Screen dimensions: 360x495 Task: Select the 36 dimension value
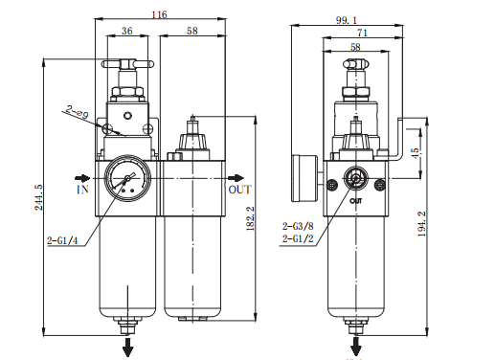(x=127, y=31)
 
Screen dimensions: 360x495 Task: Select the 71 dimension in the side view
(x=362, y=32)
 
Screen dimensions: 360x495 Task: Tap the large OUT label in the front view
(x=239, y=190)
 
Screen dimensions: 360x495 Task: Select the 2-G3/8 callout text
(x=299, y=226)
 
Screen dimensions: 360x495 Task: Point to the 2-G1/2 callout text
(x=299, y=238)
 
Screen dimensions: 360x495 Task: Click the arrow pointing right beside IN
(x=83, y=177)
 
